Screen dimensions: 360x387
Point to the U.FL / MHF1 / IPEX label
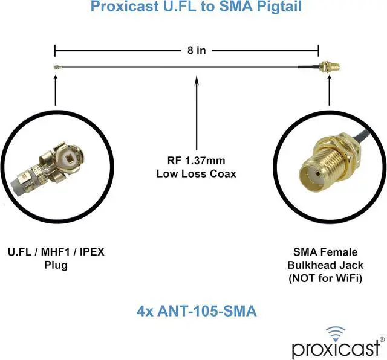coord(56,252)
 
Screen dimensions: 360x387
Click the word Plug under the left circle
coord(56,265)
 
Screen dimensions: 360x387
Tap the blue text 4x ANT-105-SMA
coord(195,311)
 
